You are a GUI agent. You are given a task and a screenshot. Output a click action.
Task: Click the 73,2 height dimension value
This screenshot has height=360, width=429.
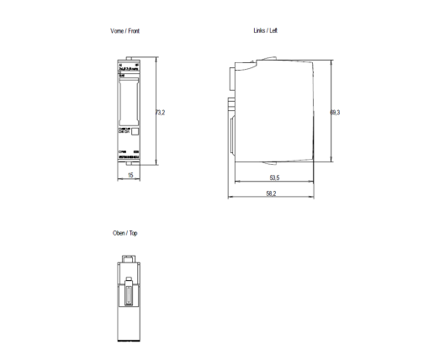160,112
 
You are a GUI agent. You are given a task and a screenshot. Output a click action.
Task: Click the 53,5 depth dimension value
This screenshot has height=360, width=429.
274,178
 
